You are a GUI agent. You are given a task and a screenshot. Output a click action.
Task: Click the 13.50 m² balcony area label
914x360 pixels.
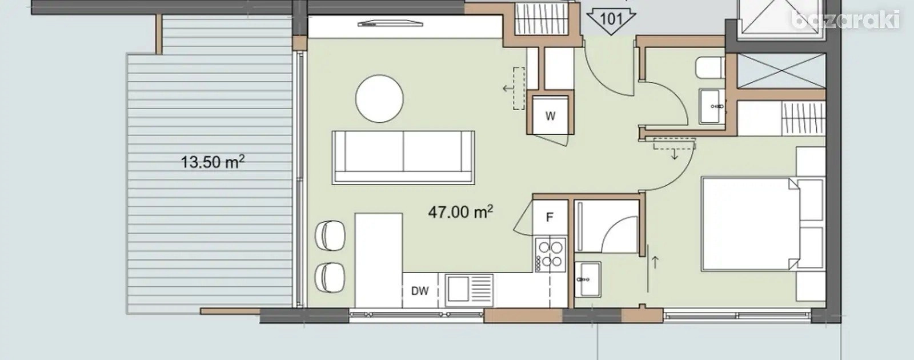(213, 162)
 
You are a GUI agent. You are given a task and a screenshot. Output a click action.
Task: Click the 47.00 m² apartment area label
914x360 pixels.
(460, 212)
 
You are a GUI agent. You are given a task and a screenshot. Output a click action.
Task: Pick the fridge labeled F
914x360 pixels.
(550, 217)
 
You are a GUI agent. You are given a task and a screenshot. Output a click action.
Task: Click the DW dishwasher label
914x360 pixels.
(420, 291)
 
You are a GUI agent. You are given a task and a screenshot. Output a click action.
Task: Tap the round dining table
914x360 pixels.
(379, 98)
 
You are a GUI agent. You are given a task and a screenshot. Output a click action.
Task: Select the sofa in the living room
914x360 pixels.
(403, 158)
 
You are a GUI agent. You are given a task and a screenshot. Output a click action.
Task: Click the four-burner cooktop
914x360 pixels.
(551, 254)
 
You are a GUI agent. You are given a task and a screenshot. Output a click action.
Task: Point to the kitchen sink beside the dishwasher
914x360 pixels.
(469, 290)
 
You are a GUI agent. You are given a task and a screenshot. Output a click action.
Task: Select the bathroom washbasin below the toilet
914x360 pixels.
(712, 106)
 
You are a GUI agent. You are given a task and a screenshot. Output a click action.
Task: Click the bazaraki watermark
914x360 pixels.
(845, 19)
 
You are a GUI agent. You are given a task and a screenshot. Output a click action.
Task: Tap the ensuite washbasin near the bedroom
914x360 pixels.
(588, 279)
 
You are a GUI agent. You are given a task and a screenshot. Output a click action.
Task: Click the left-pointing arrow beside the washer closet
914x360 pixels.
(508, 88)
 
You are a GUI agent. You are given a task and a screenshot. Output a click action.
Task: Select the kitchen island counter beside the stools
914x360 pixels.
(379, 260)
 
